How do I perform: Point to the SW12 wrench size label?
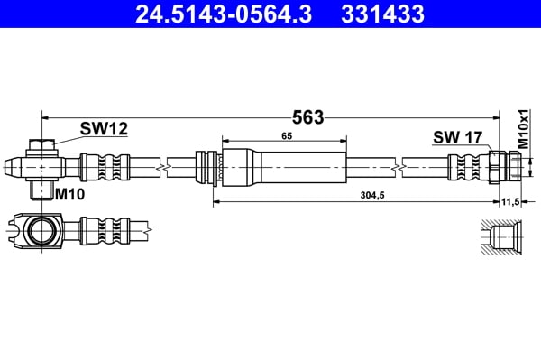[104, 130]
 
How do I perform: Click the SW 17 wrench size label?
[458, 137]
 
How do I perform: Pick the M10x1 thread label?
[522, 127]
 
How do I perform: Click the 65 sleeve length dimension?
[286, 134]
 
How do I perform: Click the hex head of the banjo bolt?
[41, 145]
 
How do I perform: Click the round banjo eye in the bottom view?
[42, 230]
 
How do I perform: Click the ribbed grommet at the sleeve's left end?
[209, 167]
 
